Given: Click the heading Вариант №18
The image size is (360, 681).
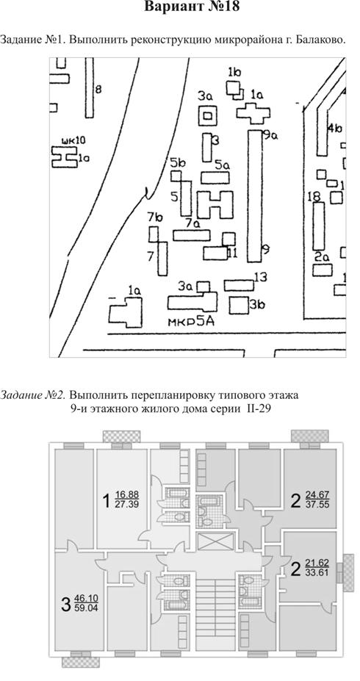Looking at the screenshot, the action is (x=192, y=7).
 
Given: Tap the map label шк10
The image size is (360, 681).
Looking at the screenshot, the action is (x=73, y=140).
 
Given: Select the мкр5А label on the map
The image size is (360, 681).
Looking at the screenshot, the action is (x=192, y=322).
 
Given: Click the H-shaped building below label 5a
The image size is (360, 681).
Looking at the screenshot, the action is (x=215, y=204).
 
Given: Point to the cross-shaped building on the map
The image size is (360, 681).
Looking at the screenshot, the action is (x=253, y=112).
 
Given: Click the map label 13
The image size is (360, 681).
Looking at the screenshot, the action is (x=261, y=277).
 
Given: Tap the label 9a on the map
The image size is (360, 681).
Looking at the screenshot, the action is (x=270, y=135).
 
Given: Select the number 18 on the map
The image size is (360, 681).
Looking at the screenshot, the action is (x=314, y=196).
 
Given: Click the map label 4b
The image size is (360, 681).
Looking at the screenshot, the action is (x=335, y=129).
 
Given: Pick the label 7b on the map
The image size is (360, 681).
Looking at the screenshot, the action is (x=154, y=218).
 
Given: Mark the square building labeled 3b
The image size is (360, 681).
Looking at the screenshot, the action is (x=239, y=305).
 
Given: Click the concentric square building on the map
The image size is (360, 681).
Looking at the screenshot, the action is (x=208, y=116).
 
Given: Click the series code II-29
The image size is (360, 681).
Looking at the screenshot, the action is (x=259, y=408).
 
